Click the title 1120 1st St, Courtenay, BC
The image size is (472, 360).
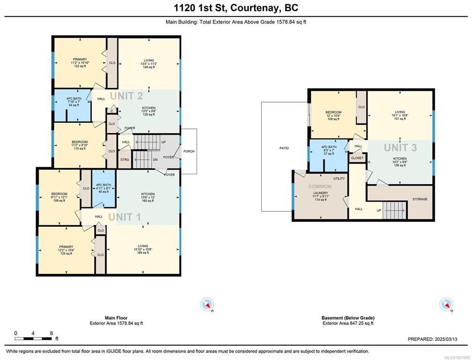pos(236,8)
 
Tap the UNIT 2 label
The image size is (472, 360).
pos(126,96)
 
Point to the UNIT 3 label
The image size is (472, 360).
pos(400,148)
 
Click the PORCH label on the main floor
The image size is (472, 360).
pos(188,151)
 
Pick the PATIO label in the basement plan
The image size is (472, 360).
pos(284,148)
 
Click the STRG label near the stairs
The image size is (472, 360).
pos(125,160)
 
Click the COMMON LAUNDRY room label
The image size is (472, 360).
pos(320,192)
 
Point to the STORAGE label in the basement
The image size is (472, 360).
pos(420,199)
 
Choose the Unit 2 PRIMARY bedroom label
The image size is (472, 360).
pos(79,62)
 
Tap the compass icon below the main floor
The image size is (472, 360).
pos(207,304)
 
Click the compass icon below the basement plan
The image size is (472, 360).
pos(446,304)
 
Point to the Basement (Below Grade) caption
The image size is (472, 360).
pos(347,318)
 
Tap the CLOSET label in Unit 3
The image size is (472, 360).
pos(357,158)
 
